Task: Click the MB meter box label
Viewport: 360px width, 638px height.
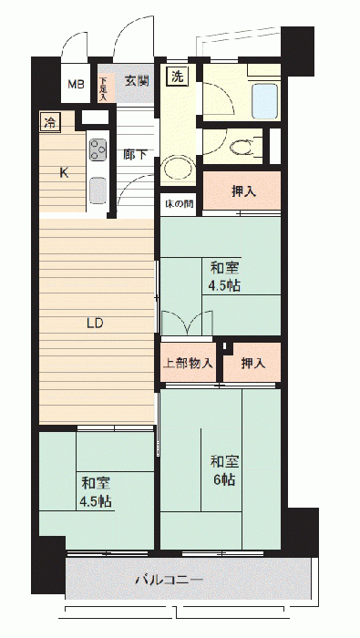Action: pos(76,85)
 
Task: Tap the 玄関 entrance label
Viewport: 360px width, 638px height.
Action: pos(137,81)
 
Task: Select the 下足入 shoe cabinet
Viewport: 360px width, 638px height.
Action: pos(102,87)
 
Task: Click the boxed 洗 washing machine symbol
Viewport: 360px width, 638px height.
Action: pos(178,77)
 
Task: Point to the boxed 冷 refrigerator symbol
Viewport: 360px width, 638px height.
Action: pos(50,121)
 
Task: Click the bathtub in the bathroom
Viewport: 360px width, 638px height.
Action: pos(265,100)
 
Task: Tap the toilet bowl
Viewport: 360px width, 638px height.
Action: pos(242,148)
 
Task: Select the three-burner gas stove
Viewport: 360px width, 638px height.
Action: pos(98,149)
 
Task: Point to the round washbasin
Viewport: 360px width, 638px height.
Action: pos(178,169)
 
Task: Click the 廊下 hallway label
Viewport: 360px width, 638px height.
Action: pos(136,155)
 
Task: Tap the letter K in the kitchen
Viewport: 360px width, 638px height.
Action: pos(64,173)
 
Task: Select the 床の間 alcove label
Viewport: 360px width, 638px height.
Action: pos(179,203)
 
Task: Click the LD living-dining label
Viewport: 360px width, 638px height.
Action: pos(95,324)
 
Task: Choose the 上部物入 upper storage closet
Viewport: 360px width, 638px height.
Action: pos(188,363)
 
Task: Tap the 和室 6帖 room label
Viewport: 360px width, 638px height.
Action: pos(223,471)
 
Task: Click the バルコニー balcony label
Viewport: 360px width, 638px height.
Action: pos(170,580)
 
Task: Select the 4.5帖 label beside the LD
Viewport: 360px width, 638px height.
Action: pos(225,286)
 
